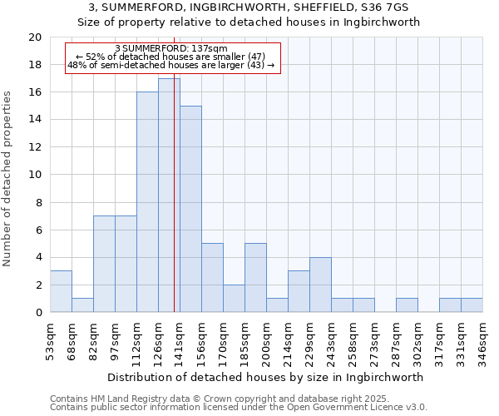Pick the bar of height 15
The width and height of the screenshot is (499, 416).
(x=190, y=209)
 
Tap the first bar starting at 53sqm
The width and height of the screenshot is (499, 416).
(x=61, y=291)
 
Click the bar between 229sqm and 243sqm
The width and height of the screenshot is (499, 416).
(x=320, y=285)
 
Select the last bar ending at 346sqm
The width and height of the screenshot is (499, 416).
(x=472, y=305)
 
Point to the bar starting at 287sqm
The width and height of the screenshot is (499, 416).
(x=407, y=305)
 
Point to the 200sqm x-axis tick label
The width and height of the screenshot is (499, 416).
(x=266, y=338)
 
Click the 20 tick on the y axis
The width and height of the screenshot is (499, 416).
(x=35, y=37)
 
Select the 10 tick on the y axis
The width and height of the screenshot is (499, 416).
(x=35, y=175)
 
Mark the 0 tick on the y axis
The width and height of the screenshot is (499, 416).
(x=38, y=313)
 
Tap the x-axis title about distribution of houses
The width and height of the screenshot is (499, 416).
(x=265, y=377)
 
